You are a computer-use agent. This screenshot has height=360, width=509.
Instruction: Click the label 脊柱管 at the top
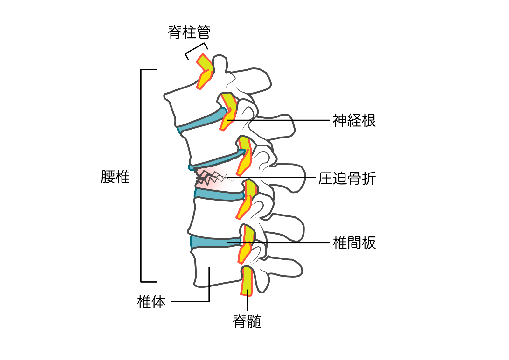[189, 32]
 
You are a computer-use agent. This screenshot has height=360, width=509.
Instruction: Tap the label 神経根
[354, 121]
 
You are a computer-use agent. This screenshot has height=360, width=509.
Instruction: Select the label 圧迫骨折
[347, 178]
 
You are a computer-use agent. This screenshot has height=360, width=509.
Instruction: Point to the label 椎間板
[354, 243]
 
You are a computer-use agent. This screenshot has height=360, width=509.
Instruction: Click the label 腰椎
[115, 177]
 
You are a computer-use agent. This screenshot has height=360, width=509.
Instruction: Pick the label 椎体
[151, 302]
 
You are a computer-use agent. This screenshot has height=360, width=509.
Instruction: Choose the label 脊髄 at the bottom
[247, 321]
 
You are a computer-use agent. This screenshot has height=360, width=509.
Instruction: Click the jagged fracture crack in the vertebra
[210, 179]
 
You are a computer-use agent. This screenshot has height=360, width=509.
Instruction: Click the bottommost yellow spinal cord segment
[247, 281]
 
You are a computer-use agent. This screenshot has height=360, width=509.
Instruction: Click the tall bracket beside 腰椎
[141, 175]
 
